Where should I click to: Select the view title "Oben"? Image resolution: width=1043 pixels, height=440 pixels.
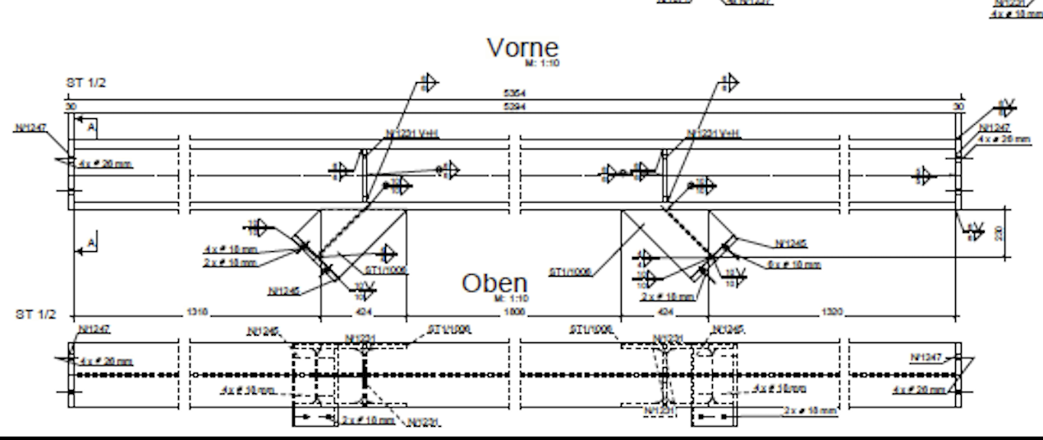(494, 283)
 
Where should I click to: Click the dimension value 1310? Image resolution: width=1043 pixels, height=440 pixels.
(197, 313)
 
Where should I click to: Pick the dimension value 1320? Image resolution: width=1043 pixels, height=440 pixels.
(832, 313)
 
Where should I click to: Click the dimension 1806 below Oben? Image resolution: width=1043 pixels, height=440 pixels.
(514, 313)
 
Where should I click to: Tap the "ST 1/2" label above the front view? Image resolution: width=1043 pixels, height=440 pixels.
(85, 83)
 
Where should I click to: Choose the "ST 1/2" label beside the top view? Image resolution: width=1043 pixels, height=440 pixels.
(36, 314)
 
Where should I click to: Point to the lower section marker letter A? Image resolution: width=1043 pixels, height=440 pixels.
(92, 242)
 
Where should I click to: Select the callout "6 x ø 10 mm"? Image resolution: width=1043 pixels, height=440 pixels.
(793, 264)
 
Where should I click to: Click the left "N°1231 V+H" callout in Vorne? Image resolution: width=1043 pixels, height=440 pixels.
(412, 134)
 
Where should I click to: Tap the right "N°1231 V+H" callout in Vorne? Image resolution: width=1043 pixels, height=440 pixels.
(713, 134)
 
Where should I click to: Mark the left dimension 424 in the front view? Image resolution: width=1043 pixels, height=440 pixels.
(362, 313)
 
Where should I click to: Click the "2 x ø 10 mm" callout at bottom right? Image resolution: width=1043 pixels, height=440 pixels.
(810, 410)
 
